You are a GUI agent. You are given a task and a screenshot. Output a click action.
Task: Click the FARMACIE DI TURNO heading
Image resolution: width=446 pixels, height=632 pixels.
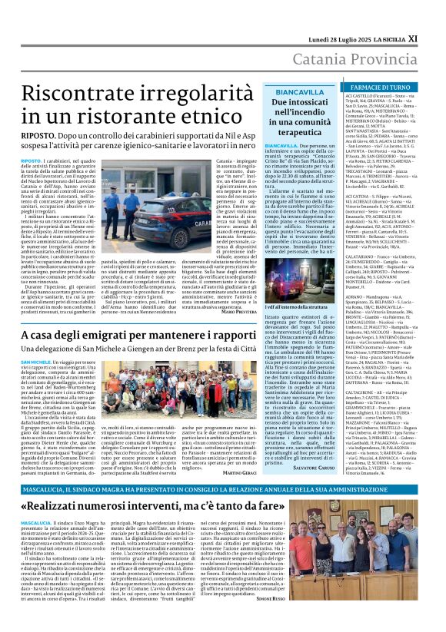pyautogui.click(x=380, y=89)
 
